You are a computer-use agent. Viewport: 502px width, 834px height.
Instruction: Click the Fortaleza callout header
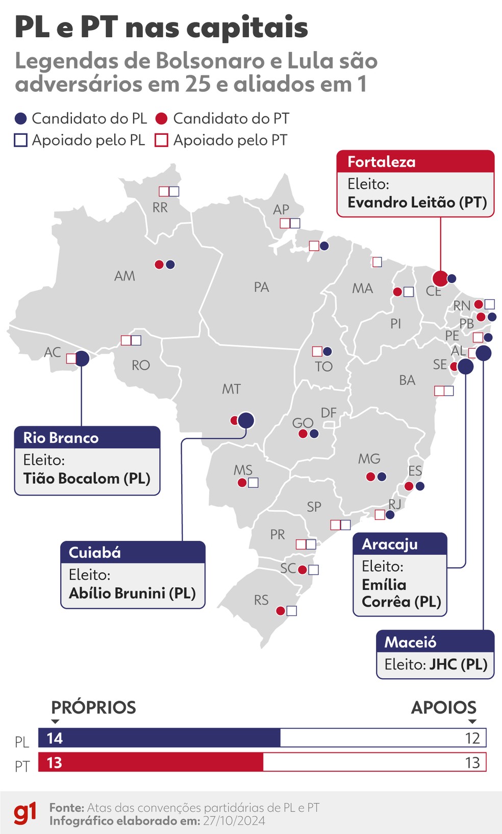click(415, 162)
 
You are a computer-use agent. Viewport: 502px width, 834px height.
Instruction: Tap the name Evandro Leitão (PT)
click(417, 202)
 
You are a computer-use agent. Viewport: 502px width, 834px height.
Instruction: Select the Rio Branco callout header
click(87, 438)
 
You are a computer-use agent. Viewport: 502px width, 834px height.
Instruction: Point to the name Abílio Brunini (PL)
click(132, 593)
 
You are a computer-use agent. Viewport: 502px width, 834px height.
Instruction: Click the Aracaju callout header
click(400, 544)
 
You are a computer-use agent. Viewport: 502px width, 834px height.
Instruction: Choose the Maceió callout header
click(435, 642)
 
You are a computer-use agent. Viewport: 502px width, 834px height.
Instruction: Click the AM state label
click(124, 276)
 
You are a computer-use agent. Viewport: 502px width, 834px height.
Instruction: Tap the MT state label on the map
click(231, 389)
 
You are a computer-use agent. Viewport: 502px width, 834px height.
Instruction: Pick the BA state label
click(407, 380)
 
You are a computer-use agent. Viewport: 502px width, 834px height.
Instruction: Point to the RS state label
click(261, 600)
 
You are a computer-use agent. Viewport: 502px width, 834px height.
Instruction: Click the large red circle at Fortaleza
click(440, 278)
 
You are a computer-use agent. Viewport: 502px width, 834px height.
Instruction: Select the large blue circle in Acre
click(82, 359)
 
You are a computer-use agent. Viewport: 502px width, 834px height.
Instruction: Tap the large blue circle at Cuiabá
click(246, 420)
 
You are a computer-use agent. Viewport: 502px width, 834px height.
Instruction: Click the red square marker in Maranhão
click(377, 262)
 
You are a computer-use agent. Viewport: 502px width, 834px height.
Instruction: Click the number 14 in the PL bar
click(55, 738)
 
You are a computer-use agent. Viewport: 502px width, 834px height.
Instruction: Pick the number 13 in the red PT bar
click(55, 762)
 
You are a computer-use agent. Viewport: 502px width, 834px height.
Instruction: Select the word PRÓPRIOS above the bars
click(93, 707)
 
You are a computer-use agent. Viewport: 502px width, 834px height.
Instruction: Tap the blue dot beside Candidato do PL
click(20, 119)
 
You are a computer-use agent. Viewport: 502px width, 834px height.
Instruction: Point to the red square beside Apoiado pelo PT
click(161, 140)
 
